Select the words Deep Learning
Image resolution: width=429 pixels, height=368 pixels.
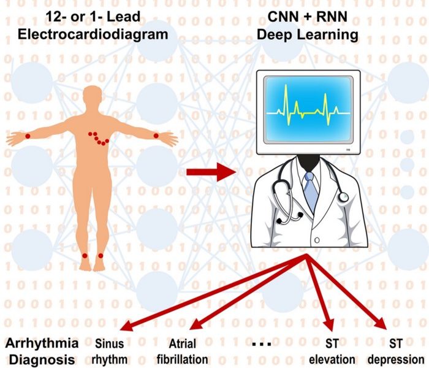[x=306, y=35]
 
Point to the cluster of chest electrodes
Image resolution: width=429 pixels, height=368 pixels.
[x=98, y=138]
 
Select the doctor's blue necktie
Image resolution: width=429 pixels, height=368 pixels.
[x=311, y=190]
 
